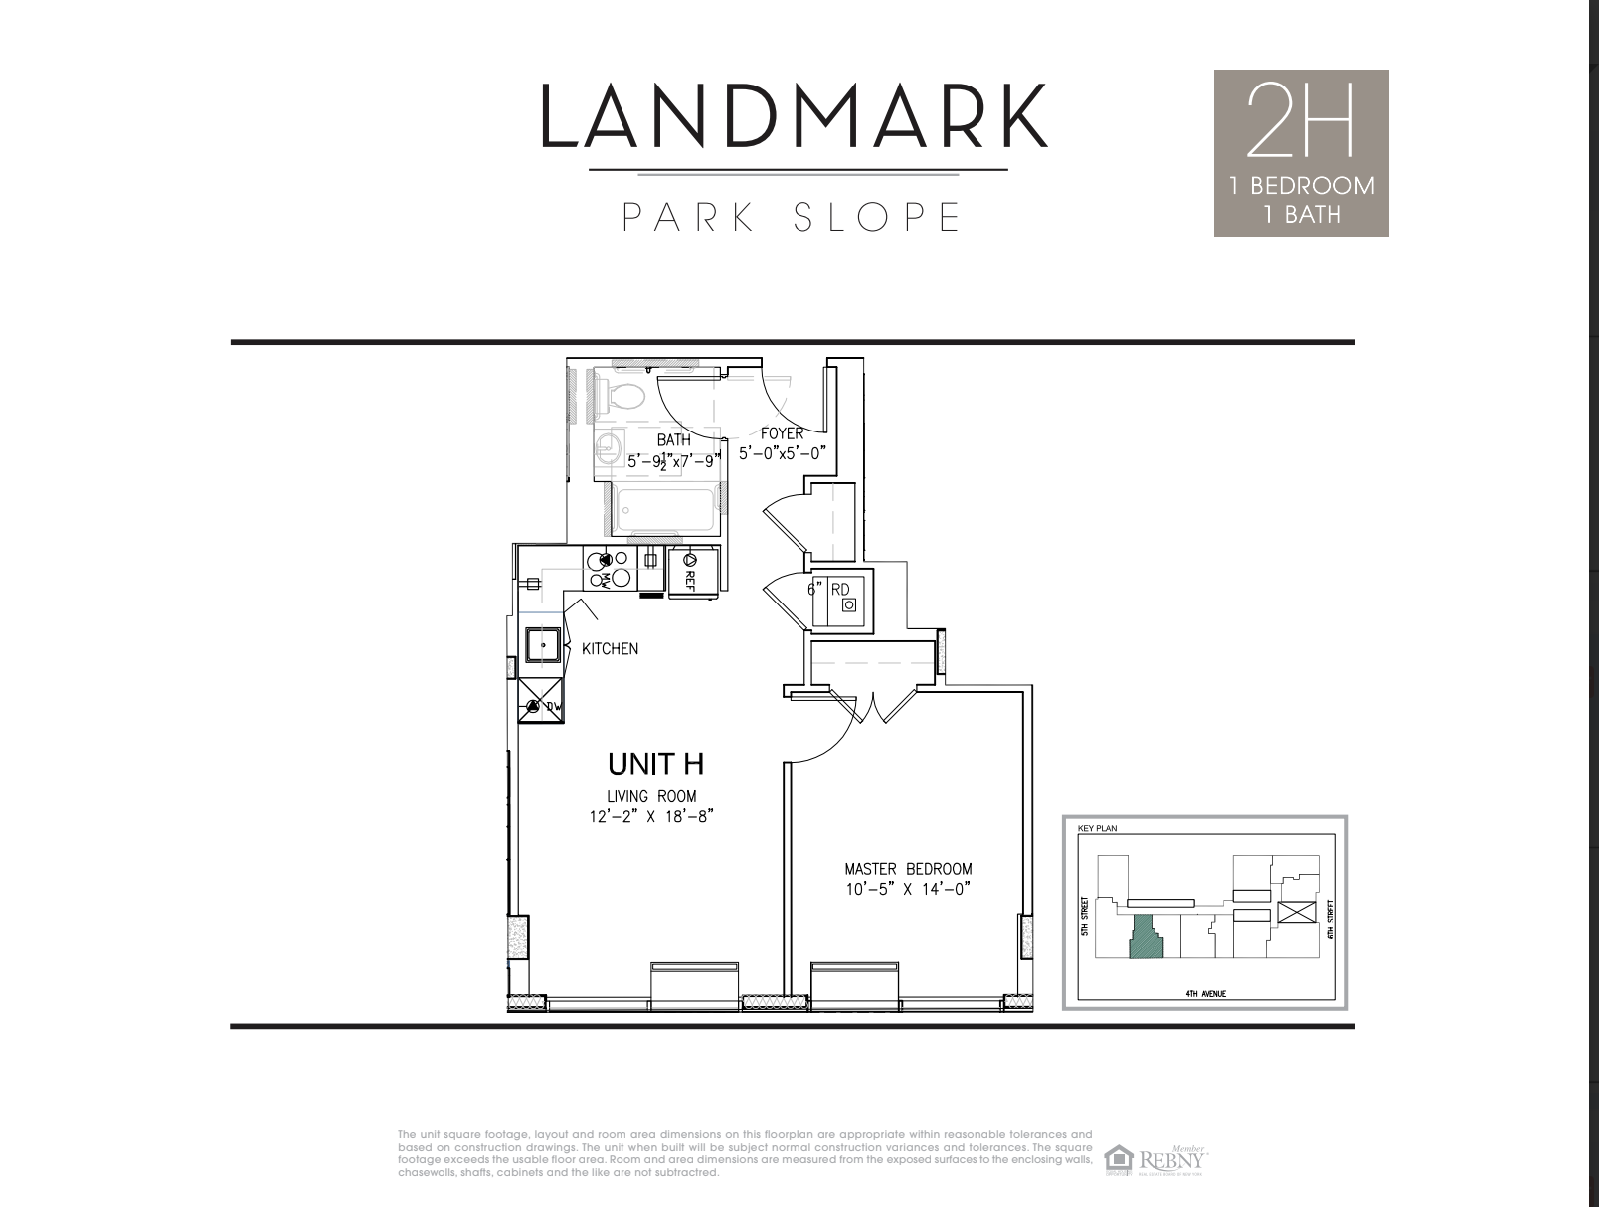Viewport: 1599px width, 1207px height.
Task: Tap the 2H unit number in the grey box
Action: click(1300, 121)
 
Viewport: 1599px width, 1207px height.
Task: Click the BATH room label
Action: click(673, 439)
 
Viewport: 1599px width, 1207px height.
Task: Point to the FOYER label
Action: click(783, 433)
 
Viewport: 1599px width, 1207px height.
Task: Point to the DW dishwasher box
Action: click(542, 705)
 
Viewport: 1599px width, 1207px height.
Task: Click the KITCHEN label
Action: click(610, 649)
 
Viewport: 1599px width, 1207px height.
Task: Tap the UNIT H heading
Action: click(655, 764)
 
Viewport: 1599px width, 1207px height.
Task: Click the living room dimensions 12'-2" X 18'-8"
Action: click(651, 817)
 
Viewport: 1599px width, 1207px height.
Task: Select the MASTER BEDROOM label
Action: click(908, 868)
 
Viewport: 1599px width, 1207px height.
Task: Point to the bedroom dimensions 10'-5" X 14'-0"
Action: click(907, 889)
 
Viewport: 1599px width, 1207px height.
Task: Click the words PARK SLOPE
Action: click(793, 217)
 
